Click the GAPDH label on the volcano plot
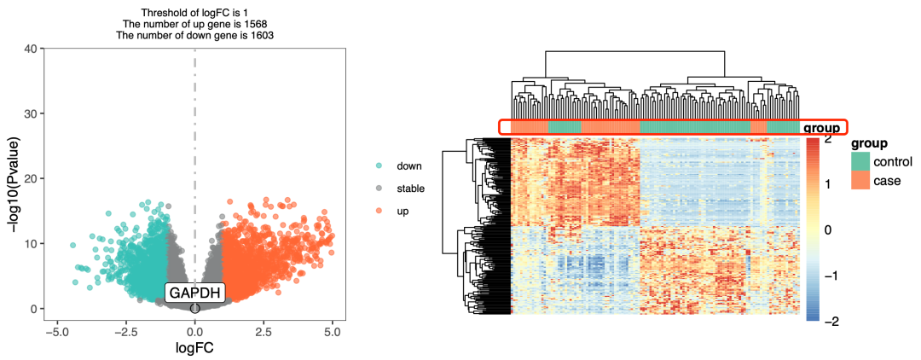click(x=194, y=293)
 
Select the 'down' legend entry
click(x=409, y=165)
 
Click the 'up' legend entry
click(x=404, y=210)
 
